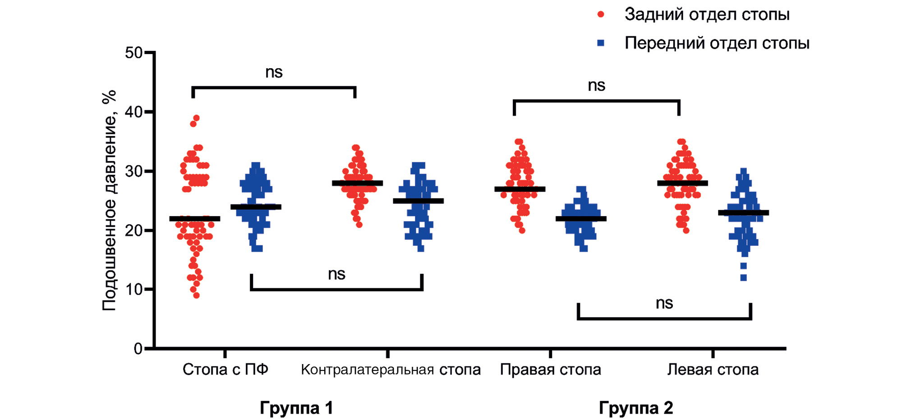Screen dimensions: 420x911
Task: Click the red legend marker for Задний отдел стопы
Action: click(x=601, y=14)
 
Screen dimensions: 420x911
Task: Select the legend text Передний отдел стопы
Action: click(x=717, y=43)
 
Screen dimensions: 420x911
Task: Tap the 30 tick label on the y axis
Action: click(x=133, y=171)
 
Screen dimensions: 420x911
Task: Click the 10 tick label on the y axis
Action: click(x=133, y=290)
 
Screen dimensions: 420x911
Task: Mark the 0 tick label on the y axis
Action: click(x=138, y=349)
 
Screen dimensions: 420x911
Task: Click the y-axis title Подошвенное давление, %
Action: click(x=109, y=201)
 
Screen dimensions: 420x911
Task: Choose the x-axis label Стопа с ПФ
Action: click(x=225, y=369)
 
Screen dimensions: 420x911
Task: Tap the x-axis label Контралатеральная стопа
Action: click(x=391, y=369)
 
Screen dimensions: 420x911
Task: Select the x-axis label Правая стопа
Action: click(x=550, y=369)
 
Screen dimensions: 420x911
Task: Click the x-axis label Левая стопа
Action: click(x=713, y=369)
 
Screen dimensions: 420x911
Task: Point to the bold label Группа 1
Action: click(x=296, y=408)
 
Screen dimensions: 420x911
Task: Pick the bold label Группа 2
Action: click(x=635, y=408)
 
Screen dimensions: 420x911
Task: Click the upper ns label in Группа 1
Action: click(x=274, y=72)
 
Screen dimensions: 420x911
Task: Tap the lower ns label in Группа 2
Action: click(x=664, y=303)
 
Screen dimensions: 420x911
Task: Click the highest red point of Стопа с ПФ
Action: click(x=196, y=118)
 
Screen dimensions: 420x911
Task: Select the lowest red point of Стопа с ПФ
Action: click(x=196, y=295)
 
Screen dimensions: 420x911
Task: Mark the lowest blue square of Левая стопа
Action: click(x=743, y=278)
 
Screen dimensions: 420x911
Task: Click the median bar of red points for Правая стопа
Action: click(x=520, y=189)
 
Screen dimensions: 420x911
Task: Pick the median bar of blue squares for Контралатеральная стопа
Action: click(x=418, y=201)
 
